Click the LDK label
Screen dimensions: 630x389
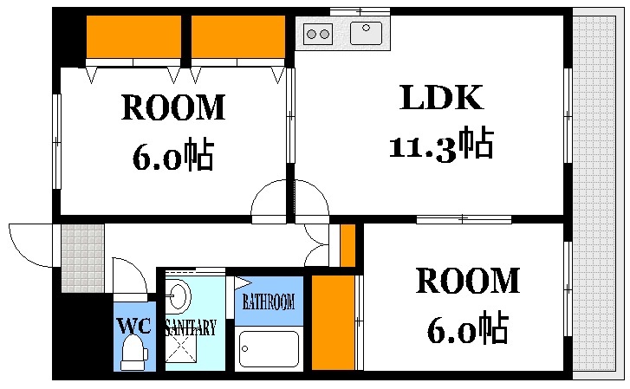coord(441,97)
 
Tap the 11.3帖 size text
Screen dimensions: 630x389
coord(441,145)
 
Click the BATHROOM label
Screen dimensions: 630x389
coord(269,301)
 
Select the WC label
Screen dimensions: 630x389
coord(133,326)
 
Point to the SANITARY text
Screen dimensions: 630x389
coord(191,327)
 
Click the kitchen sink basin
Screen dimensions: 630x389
coord(366,33)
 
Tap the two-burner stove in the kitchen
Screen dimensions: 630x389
coord(318,34)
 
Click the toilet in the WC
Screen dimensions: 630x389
coord(133,353)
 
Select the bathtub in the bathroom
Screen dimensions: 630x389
coord(269,348)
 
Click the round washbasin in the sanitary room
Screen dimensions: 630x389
coord(178,296)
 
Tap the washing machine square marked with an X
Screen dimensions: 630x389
coord(181,348)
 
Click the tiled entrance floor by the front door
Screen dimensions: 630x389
coord(83,258)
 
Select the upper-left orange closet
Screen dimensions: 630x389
coord(133,36)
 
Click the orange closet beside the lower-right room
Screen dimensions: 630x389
coord(333,322)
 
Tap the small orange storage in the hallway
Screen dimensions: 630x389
coord(347,245)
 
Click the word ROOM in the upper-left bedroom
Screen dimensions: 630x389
coord(173,107)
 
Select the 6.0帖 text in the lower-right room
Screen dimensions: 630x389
coord(468,327)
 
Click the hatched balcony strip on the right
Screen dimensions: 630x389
coord(594,193)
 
